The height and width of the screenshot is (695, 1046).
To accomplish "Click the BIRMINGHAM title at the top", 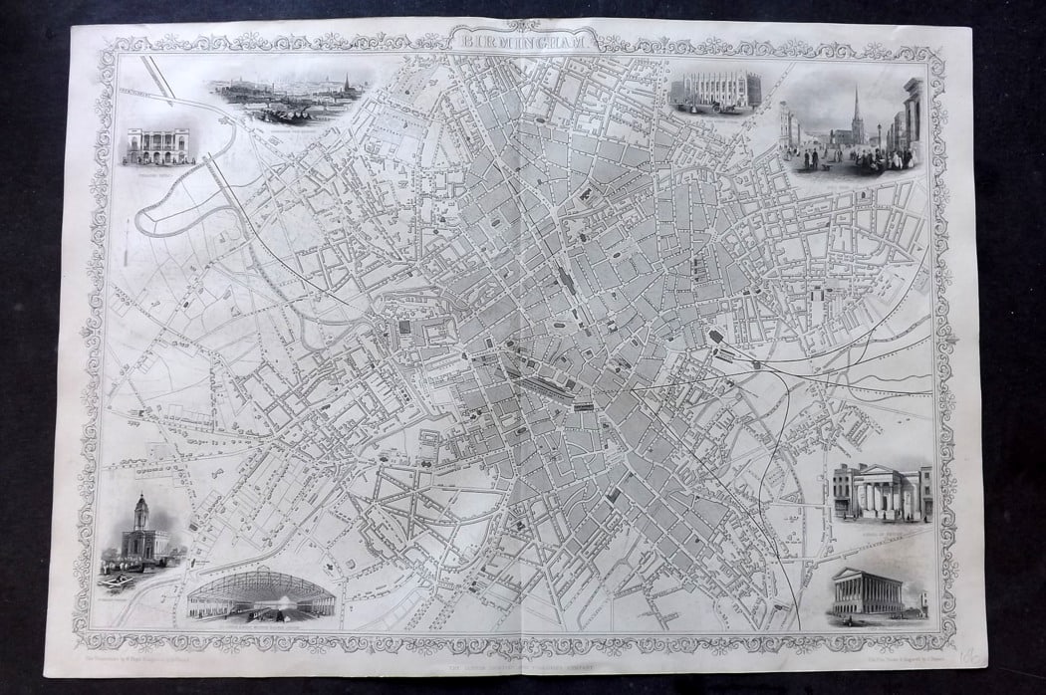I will (522, 43).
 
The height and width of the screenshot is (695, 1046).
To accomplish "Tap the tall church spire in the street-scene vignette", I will (855, 109).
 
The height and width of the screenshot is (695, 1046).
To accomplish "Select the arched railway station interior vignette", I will (261, 595).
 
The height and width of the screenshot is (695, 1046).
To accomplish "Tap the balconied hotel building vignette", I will (156, 145).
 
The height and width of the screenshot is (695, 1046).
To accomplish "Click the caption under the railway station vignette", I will (261, 626).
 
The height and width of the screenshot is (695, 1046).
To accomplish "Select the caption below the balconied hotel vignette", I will (156, 170).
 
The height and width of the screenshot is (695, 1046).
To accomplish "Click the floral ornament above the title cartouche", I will (522, 25).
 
